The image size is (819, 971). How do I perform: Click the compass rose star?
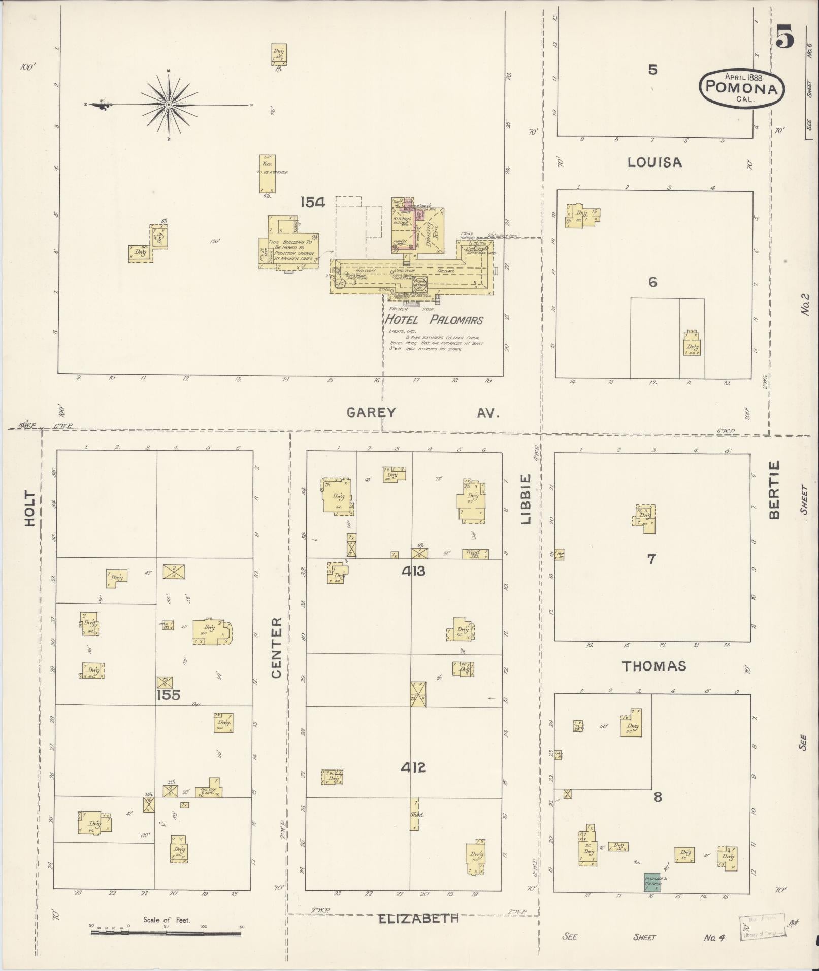tap(169, 105)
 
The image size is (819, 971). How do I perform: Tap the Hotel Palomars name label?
tap(433, 320)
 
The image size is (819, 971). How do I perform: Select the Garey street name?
tap(371, 413)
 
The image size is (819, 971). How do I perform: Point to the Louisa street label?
tap(654, 162)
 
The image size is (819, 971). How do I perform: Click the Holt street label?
tap(30, 508)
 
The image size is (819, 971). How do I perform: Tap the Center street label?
tap(276, 648)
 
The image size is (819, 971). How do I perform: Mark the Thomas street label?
tap(654, 666)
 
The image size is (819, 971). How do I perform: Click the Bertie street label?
tap(774, 490)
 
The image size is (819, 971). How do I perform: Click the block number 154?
tap(312, 203)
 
